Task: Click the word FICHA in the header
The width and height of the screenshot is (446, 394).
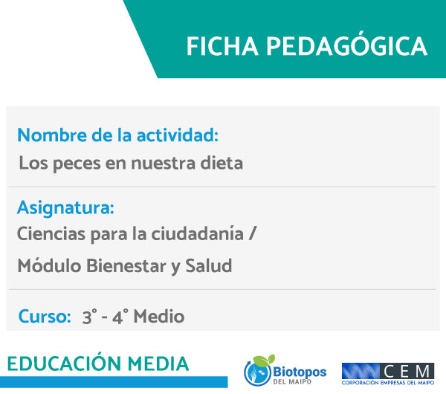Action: [222, 46]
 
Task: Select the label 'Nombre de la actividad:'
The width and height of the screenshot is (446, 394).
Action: [117, 135]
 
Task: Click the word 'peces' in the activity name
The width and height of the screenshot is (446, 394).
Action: [77, 164]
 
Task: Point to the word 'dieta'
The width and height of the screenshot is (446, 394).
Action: [222, 163]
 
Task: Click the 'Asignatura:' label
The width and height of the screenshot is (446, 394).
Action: [65, 208]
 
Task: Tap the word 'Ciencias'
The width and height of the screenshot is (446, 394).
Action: [51, 234]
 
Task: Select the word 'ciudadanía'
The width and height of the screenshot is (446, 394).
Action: [197, 233]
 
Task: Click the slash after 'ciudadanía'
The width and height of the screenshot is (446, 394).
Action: [252, 233]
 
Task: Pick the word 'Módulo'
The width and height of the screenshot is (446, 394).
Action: [49, 265]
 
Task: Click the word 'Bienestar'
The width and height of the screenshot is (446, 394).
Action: [126, 265]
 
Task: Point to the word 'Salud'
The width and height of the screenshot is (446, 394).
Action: [209, 265]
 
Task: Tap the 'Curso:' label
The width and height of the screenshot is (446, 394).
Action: [45, 317]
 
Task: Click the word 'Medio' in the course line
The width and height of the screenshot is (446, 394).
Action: [159, 317]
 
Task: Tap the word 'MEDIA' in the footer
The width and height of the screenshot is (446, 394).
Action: [158, 364]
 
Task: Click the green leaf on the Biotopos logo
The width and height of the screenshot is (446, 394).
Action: [264, 360]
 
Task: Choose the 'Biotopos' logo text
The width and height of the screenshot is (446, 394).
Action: [300, 372]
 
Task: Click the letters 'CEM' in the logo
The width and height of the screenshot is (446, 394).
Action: [407, 371]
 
